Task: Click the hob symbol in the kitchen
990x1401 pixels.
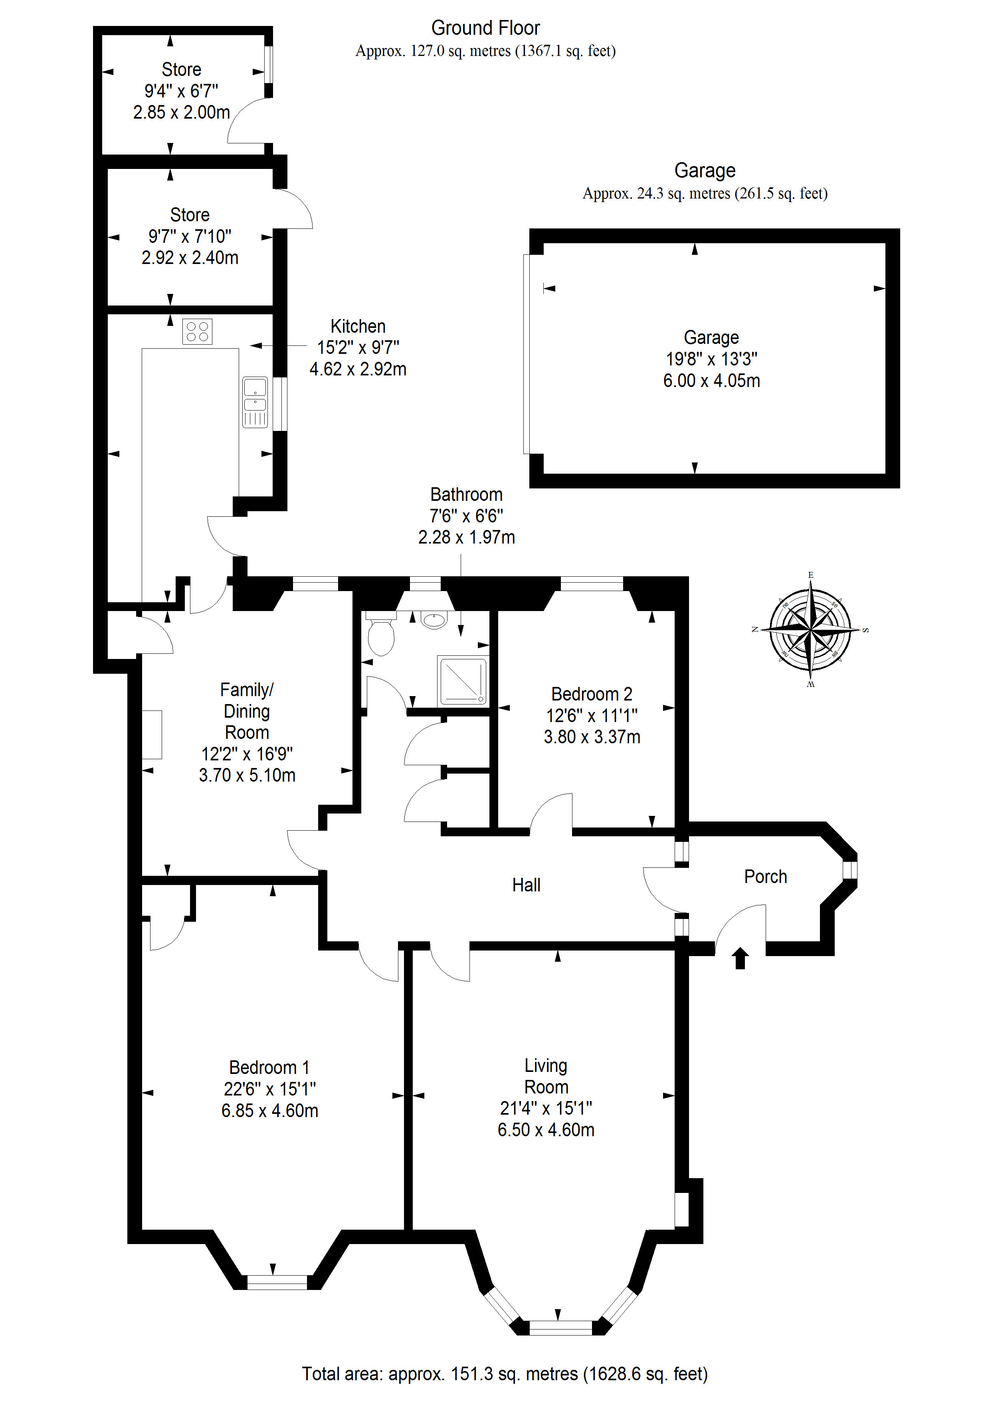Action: pos(197,331)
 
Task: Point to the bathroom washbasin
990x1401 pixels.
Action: pos(434,620)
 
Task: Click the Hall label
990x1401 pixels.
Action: pos(526,885)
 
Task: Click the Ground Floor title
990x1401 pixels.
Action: pos(485,28)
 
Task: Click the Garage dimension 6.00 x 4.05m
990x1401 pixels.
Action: pos(711,381)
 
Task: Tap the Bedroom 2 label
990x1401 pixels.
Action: pos(591,694)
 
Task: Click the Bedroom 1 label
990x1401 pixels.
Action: pos(269,1067)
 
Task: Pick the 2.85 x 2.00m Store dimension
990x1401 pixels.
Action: pos(181,112)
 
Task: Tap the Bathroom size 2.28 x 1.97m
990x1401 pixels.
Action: pos(466,537)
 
